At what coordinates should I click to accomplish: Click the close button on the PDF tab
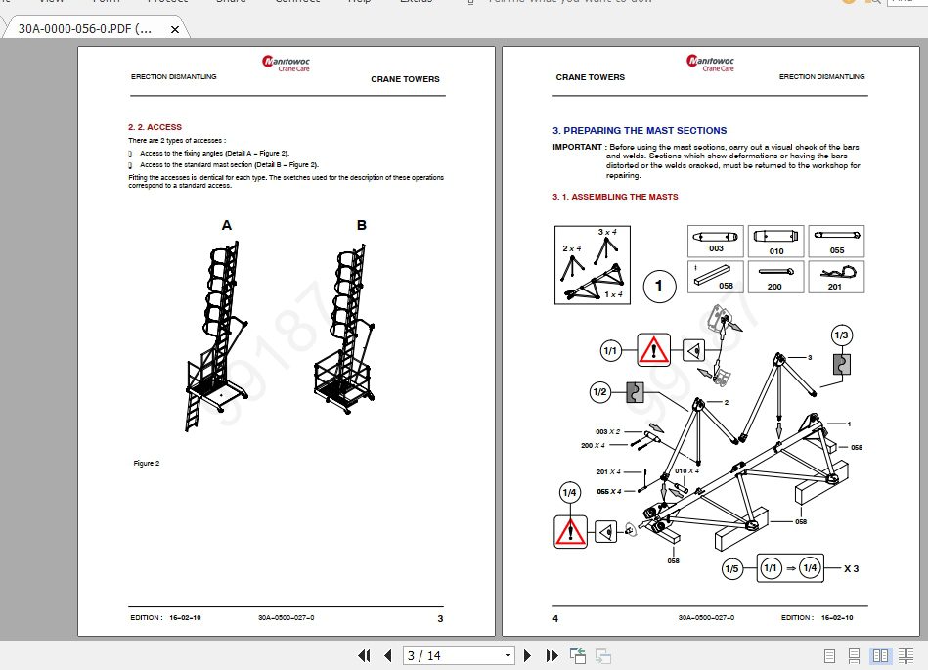point(175,29)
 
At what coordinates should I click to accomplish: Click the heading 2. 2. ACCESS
point(155,127)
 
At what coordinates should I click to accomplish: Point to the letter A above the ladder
point(227,225)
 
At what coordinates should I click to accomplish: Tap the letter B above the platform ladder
point(361,225)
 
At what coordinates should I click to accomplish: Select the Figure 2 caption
point(146,463)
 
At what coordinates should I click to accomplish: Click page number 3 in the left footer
point(440,618)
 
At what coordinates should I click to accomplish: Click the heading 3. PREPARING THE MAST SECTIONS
point(639,130)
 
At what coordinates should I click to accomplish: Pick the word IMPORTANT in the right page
point(577,147)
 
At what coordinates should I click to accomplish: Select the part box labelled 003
point(716,241)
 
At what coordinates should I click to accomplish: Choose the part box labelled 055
point(836,241)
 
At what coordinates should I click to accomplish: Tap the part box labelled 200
point(774,276)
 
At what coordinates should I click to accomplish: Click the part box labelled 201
point(834,276)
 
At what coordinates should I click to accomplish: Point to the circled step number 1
point(659,286)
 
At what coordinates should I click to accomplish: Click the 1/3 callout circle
point(841,335)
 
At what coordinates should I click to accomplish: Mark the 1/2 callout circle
point(599,392)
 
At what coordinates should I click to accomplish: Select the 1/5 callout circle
point(731,568)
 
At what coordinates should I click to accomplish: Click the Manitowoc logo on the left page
point(286,64)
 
